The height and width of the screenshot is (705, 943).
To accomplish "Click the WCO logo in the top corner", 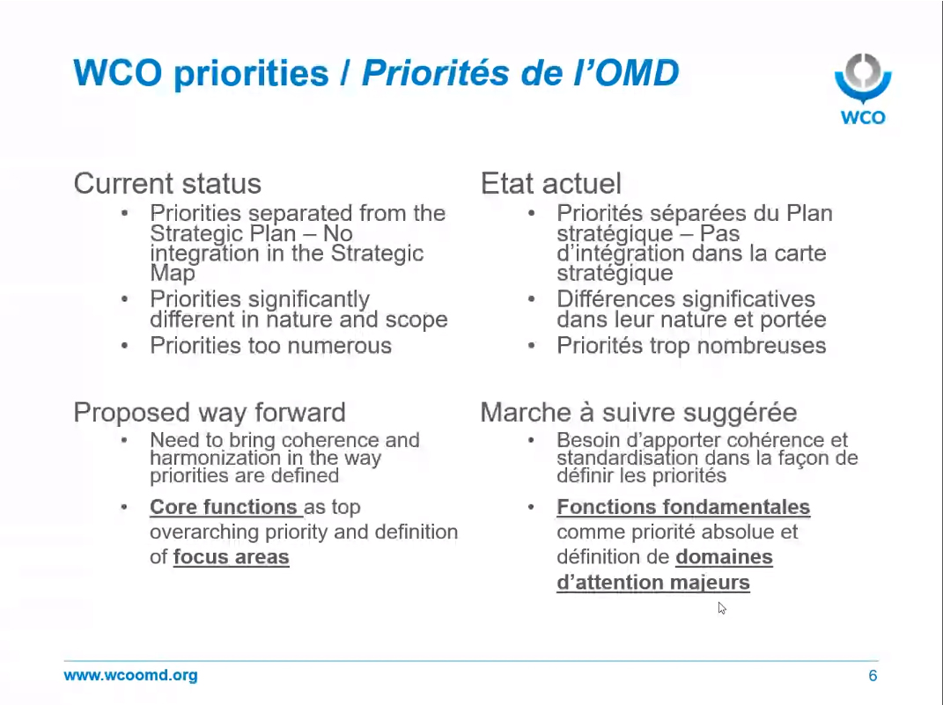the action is (x=862, y=88).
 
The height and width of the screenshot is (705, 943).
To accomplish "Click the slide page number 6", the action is (x=873, y=676).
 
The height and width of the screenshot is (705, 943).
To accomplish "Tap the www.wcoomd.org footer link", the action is (x=130, y=675).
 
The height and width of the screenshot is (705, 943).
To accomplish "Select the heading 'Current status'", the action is (x=167, y=183).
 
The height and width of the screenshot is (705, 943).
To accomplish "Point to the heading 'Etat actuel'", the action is (x=550, y=183).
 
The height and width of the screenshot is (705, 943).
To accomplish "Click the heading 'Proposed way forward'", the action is (x=210, y=412).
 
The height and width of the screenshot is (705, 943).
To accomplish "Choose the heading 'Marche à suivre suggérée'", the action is (x=638, y=412).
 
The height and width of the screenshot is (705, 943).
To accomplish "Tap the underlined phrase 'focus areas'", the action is (x=231, y=556).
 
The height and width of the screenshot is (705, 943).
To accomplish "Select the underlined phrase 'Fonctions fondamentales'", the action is (x=683, y=507).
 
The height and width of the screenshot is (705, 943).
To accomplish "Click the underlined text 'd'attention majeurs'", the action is (x=653, y=582).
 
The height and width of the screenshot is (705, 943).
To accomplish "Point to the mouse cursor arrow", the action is (x=722, y=608).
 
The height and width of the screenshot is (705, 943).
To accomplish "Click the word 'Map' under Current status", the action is (x=172, y=274).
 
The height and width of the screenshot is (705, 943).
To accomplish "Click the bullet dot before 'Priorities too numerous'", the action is (x=124, y=346).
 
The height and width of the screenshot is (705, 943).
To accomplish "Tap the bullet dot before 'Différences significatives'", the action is (x=531, y=298).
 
